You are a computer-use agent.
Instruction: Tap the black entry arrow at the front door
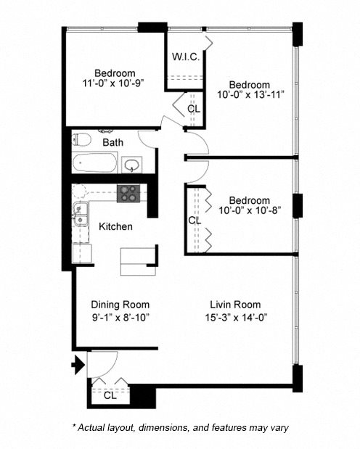tap(77, 366)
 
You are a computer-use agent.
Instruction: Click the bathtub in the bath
tap(94, 163)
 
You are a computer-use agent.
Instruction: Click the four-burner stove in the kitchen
tap(128, 193)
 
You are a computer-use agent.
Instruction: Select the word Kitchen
tap(115, 226)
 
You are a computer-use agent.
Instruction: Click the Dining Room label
tap(120, 305)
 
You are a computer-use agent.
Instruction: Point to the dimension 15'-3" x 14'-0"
tap(235, 317)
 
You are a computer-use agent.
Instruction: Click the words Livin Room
tap(235, 305)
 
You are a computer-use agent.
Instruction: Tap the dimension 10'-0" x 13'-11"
tap(250, 95)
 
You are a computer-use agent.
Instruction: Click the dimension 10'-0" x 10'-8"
tap(249, 212)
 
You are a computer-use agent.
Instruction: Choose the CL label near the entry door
tap(109, 395)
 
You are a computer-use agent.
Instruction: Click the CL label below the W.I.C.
tap(194, 109)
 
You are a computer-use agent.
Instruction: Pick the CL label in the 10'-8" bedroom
tap(195, 220)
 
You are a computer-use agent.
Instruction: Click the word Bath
tap(112, 143)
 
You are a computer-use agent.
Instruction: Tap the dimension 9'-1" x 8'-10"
tap(120, 317)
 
